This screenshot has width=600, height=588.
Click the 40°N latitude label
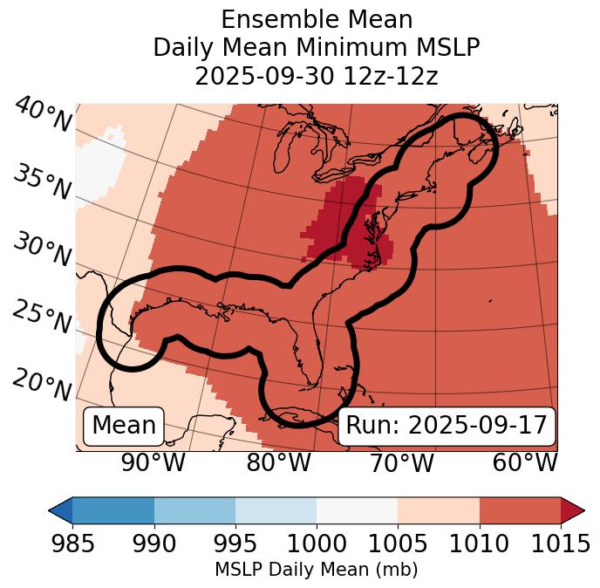click(42, 116)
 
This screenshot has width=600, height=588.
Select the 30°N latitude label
click(42, 251)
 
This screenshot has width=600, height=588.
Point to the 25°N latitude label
click(42, 318)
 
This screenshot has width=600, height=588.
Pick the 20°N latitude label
click(42, 385)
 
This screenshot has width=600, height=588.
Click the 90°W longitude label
click(153, 462)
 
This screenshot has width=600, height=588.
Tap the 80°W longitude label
click(278, 462)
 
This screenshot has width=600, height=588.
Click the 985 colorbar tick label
click(72, 544)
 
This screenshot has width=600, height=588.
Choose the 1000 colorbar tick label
click(317, 544)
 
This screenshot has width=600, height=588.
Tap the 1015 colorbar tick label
click(560, 544)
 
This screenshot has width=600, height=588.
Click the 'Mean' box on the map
click(124, 426)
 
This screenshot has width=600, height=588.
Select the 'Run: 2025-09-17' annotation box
click(446, 426)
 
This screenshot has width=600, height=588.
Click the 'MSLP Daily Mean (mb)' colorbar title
click(316, 571)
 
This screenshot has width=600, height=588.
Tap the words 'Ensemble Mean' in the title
click(317, 20)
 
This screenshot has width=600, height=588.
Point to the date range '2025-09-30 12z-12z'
click(317, 76)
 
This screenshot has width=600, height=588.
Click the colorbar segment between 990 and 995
click(194, 510)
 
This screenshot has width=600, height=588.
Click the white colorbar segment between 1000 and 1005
click(357, 510)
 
